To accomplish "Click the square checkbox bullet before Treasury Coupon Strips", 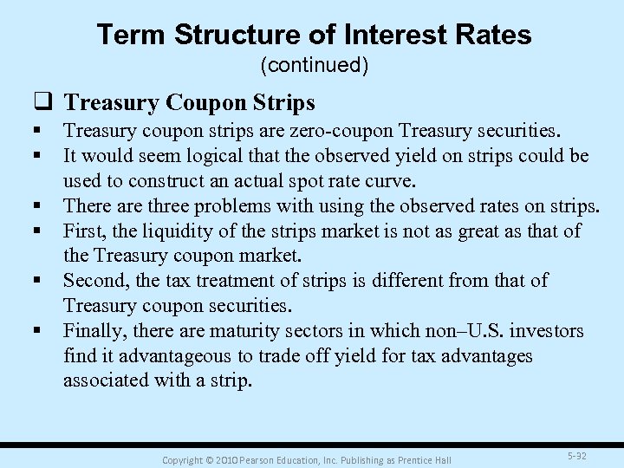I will tap(47, 103).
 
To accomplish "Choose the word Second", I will tap(94, 281).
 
